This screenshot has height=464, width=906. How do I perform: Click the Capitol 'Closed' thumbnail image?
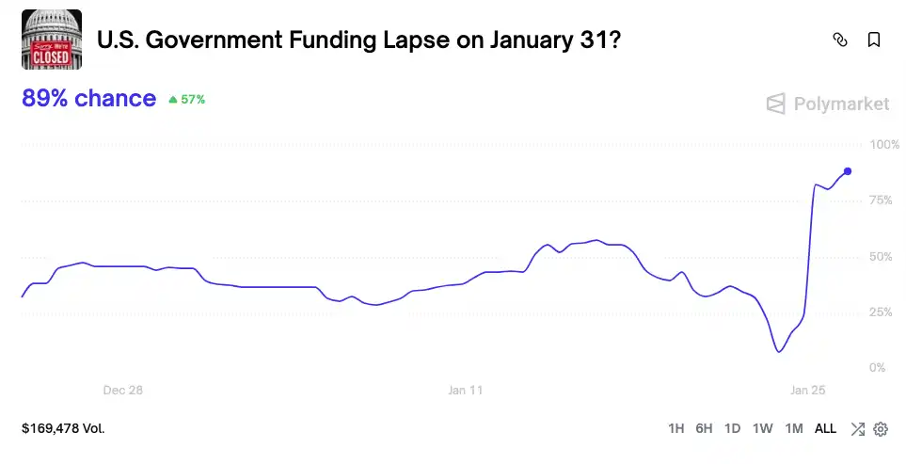(x=52, y=40)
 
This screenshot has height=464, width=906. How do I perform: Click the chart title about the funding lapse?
(x=358, y=40)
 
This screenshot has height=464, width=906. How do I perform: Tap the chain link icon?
(x=840, y=40)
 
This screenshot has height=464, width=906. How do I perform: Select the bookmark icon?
(x=874, y=40)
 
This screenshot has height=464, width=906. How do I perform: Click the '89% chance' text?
(x=88, y=99)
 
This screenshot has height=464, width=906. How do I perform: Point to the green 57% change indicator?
(x=186, y=99)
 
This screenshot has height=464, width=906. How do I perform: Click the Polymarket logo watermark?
(x=827, y=104)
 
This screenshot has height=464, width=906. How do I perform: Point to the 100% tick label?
(x=884, y=145)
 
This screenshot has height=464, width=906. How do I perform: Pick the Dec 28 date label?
(x=122, y=390)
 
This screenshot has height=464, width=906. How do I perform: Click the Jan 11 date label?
(x=465, y=390)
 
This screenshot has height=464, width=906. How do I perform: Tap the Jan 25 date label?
(x=807, y=390)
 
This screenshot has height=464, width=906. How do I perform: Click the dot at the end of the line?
(x=848, y=171)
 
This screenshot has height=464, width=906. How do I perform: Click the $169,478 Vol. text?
(x=63, y=428)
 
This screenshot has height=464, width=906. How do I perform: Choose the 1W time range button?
(x=762, y=428)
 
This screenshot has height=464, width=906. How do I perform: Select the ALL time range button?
(x=825, y=428)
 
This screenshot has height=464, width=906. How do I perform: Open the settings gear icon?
(x=881, y=429)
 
